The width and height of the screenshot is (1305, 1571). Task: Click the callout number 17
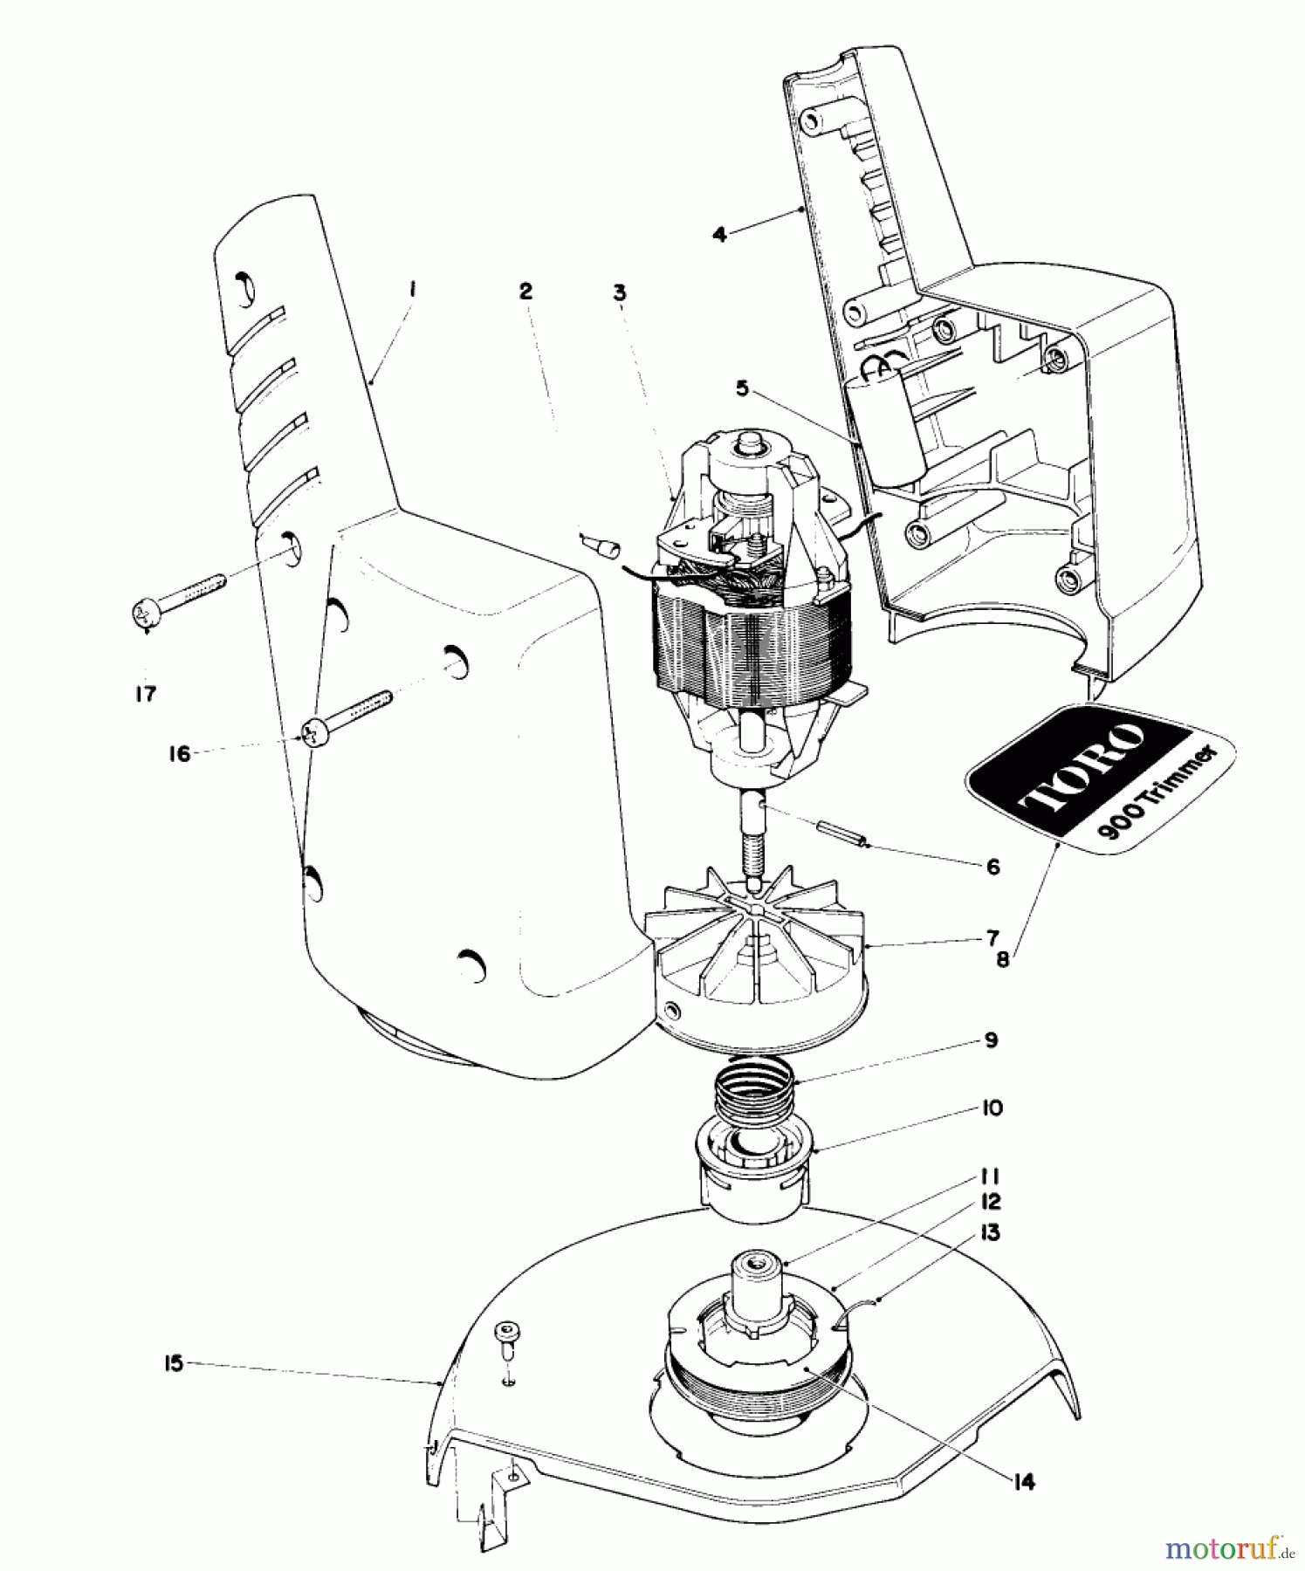tap(145, 694)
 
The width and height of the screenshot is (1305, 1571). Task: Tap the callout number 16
tap(179, 753)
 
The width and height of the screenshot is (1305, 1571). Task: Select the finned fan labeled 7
tap(756, 951)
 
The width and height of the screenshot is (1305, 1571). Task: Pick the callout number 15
tap(175, 1363)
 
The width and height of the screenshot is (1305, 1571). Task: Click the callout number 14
tap(1024, 1482)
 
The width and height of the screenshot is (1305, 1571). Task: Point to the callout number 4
tap(719, 234)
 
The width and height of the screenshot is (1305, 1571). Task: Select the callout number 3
tap(619, 292)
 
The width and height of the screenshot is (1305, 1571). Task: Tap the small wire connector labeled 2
tap(599, 548)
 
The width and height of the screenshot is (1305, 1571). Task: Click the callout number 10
tap(992, 1108)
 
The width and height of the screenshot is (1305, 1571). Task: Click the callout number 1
tap(412, 289)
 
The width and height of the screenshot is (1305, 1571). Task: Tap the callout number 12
tap(990, 1202)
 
